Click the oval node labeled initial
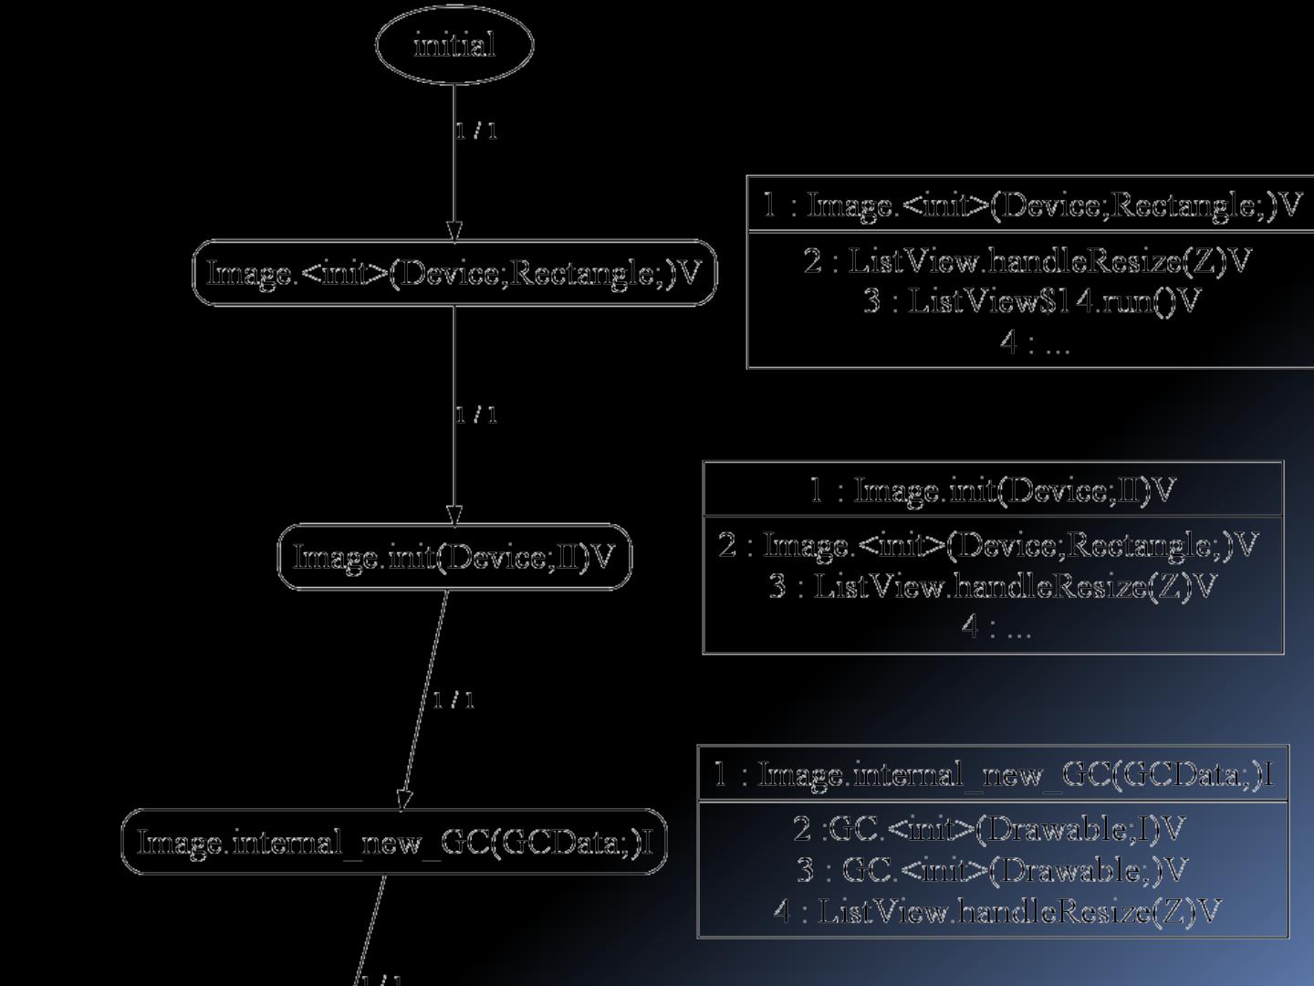click(x=454, y=44)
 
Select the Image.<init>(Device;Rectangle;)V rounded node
click(x=454, y=273)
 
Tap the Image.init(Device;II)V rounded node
click(x=454, y=557)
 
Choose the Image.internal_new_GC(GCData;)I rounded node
click(x=394, y=842)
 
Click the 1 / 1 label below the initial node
click(x=476, y=131)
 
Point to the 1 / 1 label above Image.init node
click(x=476, y=414)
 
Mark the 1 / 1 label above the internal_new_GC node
click(x=454, y=699)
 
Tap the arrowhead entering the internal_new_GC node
click(x=404, y=799)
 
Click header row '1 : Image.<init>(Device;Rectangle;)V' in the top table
click(x=1031, y=205)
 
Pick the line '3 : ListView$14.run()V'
click(x=1031, y=300)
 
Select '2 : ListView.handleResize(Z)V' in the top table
click(x=1027, y=261)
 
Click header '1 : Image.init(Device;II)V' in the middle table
click(x=993, y=490)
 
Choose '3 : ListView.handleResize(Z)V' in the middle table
click(x=993, y=585)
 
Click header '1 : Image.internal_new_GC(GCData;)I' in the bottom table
click(x=993, y=774)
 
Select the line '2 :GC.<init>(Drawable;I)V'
click(x=988, y=829)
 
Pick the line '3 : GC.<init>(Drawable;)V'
click(x=992, y=869)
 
